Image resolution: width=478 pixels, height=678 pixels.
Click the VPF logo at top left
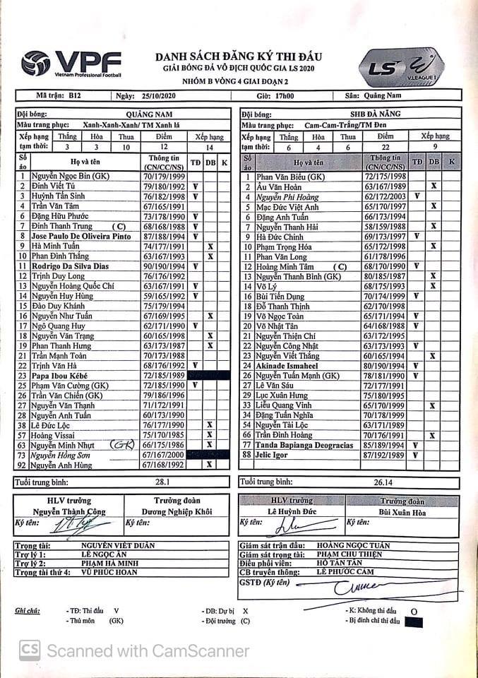pyautogui.click(x=71, y=64)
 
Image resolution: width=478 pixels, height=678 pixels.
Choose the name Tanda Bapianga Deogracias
pyautogui.click(x=304, y=446)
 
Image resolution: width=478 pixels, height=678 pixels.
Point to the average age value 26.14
pyautogui.click(x=384, y=482)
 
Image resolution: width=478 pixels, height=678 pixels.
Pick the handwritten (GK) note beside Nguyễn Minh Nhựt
pyautogui.click(x=126, y=445)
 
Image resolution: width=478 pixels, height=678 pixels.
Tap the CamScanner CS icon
pyautogui.click(x=30, y=650)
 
